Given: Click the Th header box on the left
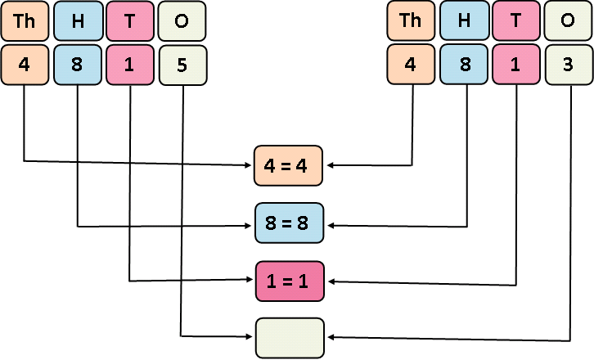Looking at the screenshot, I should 24,21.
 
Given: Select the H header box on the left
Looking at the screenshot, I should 77,21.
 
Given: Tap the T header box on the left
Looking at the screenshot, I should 130,21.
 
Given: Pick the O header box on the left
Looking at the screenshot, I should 182,21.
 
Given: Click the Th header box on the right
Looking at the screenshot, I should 411,21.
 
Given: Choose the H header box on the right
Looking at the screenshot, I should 464,21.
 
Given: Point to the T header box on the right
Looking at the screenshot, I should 517,21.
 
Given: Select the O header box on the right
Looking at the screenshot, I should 569,21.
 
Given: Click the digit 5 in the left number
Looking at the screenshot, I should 182,64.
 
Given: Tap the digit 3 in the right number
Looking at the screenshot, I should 569,64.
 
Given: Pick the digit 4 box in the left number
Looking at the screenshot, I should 24,64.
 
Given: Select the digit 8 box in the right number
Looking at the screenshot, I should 464,64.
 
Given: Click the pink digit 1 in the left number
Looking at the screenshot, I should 130,64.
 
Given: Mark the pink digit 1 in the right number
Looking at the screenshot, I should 517,64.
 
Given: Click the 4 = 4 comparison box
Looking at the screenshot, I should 290,164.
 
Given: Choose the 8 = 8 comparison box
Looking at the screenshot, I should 290,223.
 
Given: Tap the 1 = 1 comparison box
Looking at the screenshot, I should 290,281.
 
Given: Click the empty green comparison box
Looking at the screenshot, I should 290,337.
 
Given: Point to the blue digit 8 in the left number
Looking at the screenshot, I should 77,64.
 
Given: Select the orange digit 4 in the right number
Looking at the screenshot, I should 411,64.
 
